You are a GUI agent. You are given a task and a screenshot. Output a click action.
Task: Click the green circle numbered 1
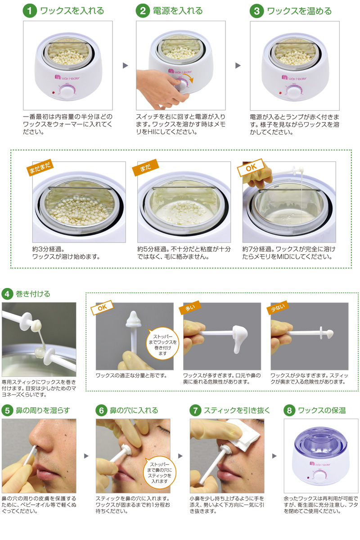click(x=30, y=11)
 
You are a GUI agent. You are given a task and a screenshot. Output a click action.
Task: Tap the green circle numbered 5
click(x=8, y=410)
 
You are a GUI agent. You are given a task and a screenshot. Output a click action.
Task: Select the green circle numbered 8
click(x=290, y=410)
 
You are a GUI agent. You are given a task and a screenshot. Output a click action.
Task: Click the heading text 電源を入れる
click(x=177, y=11)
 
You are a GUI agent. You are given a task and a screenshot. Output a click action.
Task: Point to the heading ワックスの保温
click(x=322, y=410)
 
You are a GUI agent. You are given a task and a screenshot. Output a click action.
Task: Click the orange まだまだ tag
click(x=40, y=166)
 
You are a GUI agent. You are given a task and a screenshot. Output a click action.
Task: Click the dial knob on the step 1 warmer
click(x=67, y=92)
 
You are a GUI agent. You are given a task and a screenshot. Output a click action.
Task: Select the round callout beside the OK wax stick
click(x=163, y=344)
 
